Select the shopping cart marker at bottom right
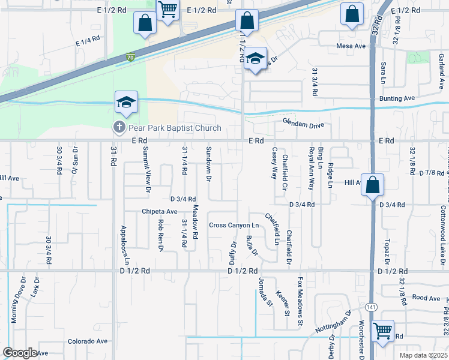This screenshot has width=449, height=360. (382, 330)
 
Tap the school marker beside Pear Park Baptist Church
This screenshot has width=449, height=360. (127, 103)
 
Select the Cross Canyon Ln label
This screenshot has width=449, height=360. (234, 226)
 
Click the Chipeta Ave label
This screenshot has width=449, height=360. (160, 211)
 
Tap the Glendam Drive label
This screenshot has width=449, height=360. (303, 125)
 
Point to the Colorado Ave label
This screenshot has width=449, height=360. (87, 341)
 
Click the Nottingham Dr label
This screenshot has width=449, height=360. (334, 322)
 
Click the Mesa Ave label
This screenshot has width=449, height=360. (351, 46)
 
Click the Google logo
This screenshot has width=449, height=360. (20, 353)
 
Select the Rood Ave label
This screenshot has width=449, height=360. (427, 298)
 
